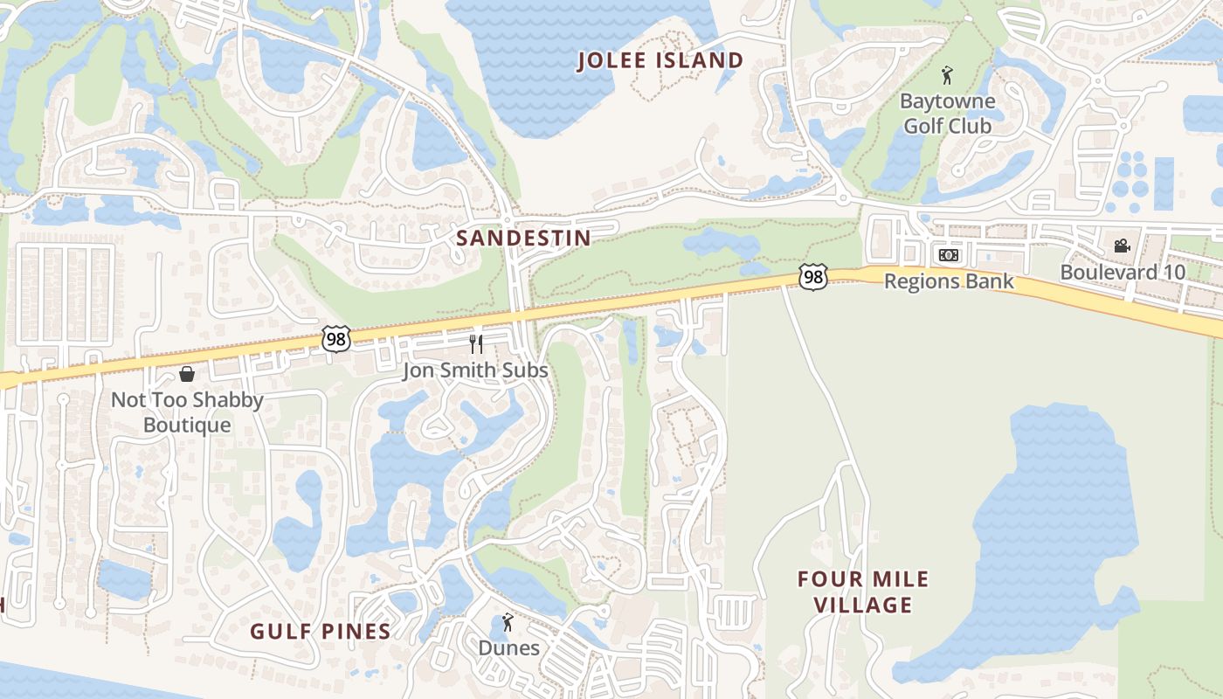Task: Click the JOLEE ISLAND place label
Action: (x=661, y=60)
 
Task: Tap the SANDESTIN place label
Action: (x=523, y=238)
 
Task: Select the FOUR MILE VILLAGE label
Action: (x=863, y=592)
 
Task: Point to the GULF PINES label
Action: (x=320, y=632)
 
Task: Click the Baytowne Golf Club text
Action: (x=947, y=114)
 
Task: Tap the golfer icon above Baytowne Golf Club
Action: (x=946, y=76)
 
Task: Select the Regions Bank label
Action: (x=949, y=281)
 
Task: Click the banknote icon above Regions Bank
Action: (x=948, y=255)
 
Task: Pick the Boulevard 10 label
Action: (x=1123, y=273)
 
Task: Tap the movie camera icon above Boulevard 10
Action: (x=1122, y=246)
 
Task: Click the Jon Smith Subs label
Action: (x=475, y=370)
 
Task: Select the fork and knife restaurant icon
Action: (x=476, y=343)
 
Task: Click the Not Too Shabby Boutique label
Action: (x=187, y=412)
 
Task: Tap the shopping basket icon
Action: (x=187, y=375)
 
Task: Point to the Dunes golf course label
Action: (x=508, y=648)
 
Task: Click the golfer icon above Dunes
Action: (x=508, y=622)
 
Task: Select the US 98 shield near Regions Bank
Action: (x=812, y=277)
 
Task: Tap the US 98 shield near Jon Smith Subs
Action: (x=335, y=338)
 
